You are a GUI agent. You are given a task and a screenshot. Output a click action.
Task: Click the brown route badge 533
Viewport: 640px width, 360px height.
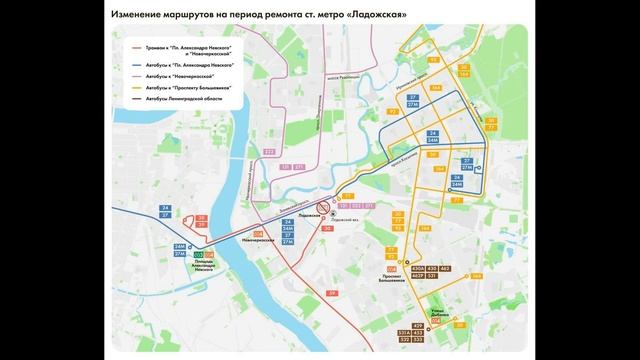(x=418, y=340)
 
